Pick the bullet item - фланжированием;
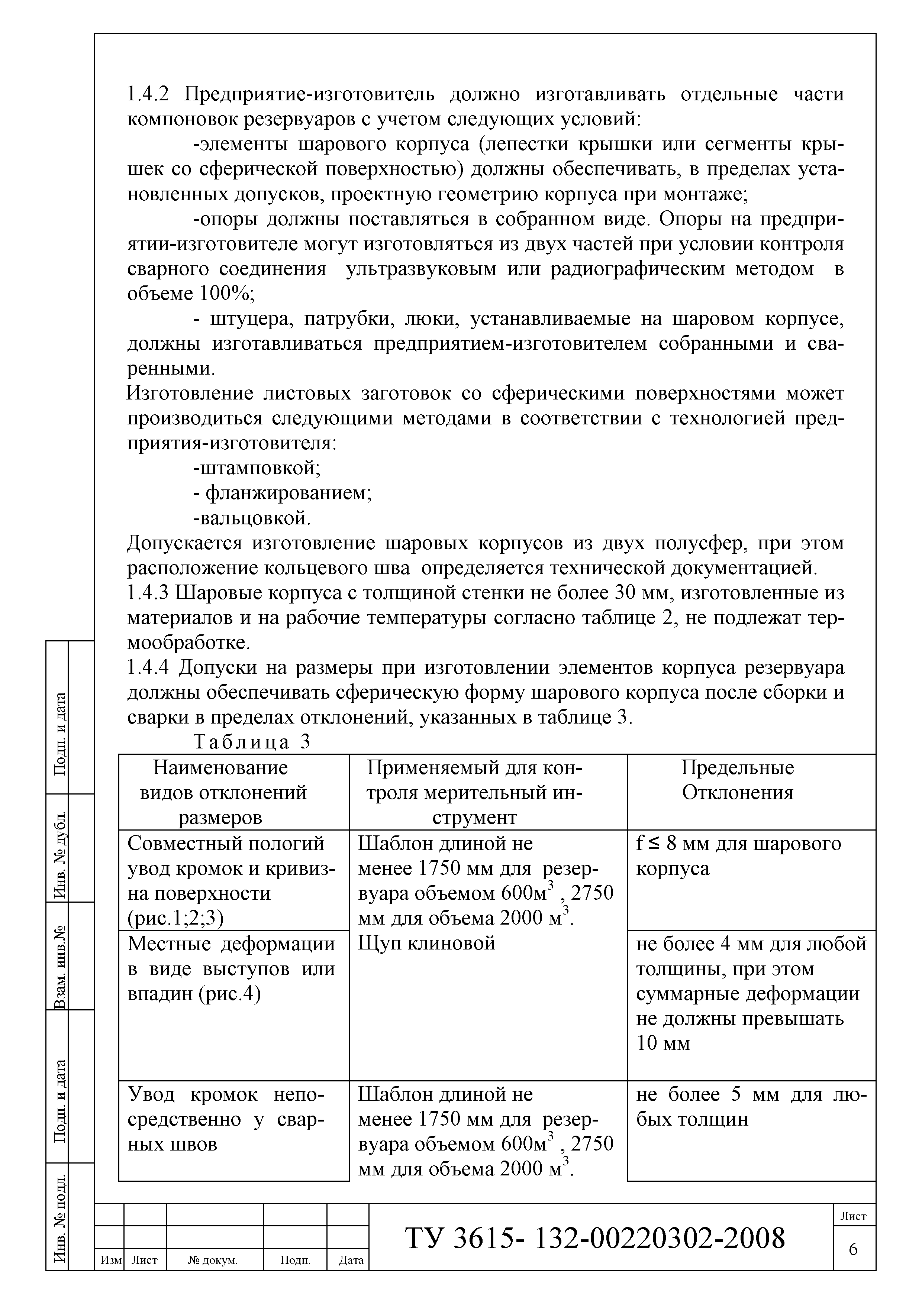coord(282,493)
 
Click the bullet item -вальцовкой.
coord(252,518)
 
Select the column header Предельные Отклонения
coord(737,780)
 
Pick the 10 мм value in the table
coord(663,1043)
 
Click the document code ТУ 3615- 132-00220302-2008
coord(595,1238)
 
